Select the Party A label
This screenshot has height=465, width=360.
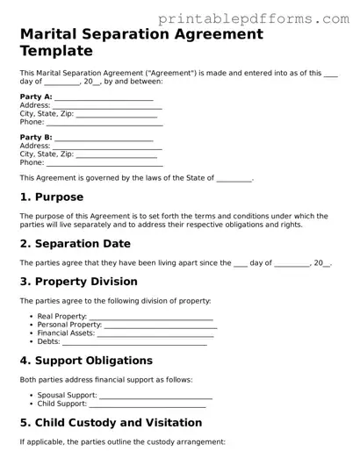point(35,97)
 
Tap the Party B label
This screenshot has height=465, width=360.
point(35,138)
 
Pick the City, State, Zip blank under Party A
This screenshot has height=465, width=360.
point(118,114)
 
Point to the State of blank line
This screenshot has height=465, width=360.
point(234,179)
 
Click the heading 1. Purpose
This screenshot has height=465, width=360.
point(52,197)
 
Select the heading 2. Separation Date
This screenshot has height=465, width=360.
point(75,243)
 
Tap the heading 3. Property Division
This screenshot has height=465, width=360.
point(78,282)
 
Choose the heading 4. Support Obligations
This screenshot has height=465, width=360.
point(86,361)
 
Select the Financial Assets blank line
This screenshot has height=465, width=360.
point(155,333)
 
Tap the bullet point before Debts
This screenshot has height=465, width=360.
point(31,342)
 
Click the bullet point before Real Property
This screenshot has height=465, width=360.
point(31,316)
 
